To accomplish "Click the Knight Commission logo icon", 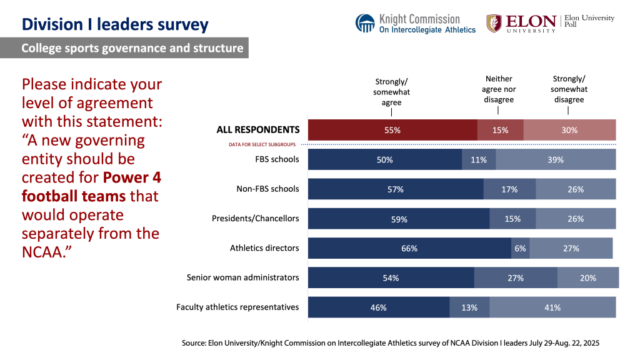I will click(365, 23).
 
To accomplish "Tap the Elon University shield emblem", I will click(494, 23).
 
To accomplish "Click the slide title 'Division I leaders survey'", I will click(114, 24).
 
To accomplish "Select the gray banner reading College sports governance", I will click(124, 48).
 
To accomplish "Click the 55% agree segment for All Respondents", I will click(392, 130).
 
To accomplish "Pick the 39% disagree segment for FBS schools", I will click(556, 159).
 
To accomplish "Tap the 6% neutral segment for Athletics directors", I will click(520, 248).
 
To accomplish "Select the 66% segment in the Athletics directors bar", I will click(409, 248).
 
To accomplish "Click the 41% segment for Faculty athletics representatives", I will click(552, 307).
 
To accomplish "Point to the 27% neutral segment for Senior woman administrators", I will click(516, 277).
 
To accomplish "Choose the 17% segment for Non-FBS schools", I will click(509, 189).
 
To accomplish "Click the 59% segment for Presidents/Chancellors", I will click(399, 219).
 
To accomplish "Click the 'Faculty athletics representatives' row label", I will click(237, 307).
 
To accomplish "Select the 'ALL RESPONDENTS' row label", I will click(258, 130).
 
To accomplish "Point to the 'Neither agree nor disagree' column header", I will click(499, 89).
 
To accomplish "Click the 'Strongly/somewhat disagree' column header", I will click(569, 89).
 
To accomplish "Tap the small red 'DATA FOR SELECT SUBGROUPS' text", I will click(267, 144).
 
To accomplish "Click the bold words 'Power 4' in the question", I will click(132, 177).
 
